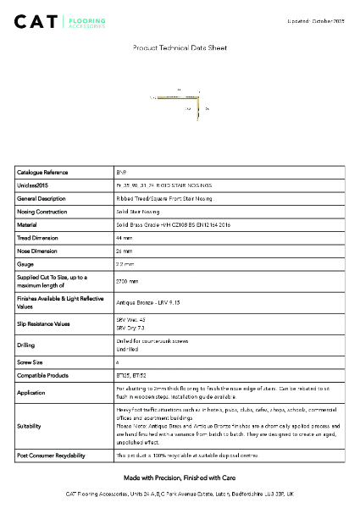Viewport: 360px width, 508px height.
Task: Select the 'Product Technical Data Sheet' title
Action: point(180,49)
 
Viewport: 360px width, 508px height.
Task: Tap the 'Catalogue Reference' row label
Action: point(42,172)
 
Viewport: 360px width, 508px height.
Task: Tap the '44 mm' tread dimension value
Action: point(124,239)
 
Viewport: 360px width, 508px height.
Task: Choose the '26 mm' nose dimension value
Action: point(124,251)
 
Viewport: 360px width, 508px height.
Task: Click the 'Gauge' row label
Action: point(25,265)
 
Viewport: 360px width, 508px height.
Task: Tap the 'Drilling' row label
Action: point(26,345)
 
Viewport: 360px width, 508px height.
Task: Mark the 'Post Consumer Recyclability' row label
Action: point(51,456)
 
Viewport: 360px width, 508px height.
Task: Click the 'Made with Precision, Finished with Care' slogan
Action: point(180,478)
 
